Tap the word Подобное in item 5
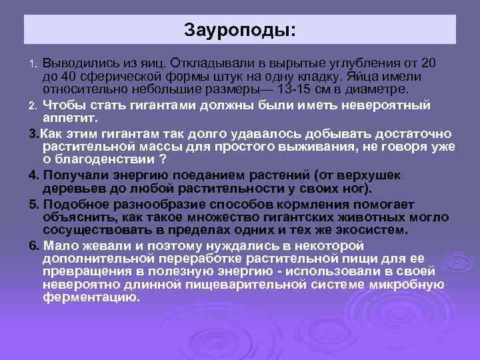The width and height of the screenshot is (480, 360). click(x=73, y=203)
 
